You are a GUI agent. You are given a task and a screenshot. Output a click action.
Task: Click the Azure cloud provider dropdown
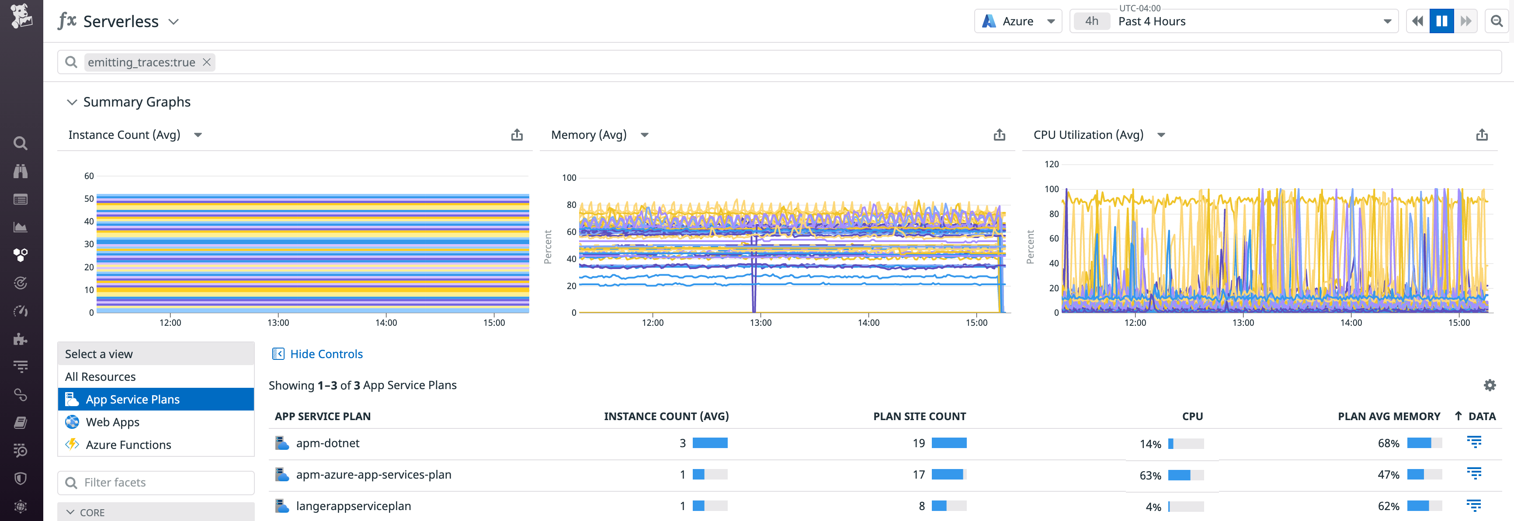(1018, 21)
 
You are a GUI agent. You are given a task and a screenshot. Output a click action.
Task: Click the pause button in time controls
(1441, 21)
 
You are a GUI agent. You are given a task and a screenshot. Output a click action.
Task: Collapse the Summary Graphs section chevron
(72, 102)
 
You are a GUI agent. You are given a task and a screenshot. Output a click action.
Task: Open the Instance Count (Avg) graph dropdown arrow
(198, 135)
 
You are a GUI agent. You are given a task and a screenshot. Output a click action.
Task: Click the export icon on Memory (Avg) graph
(999, 135)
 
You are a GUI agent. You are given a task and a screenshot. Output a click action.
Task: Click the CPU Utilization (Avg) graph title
(1088, 135)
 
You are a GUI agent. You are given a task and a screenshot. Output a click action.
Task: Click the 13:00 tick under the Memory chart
(760, 322)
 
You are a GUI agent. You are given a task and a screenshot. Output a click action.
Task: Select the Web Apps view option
(112, 422)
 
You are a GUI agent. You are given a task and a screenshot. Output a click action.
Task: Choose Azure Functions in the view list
(128, 445)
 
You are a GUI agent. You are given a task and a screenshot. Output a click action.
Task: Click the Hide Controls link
(326, 354)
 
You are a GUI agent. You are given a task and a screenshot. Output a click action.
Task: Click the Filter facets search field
(156, 482)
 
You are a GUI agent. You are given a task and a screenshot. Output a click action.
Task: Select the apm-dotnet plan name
(327, 443)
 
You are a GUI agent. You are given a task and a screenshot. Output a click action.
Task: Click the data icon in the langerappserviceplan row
(1473, 505)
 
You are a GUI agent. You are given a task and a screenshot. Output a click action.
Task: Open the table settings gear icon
(1490, 385)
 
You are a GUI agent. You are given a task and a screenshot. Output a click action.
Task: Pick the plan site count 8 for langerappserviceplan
(921, 506)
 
